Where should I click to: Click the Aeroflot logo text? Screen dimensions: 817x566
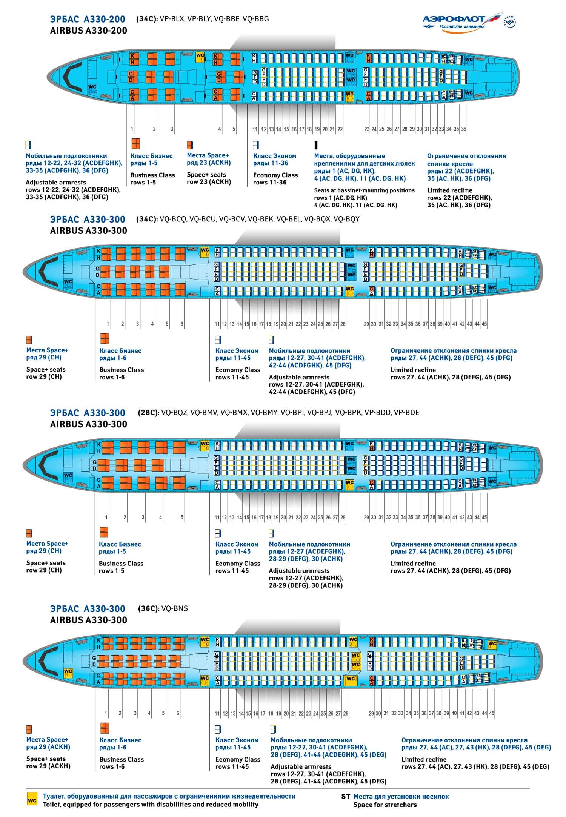454,19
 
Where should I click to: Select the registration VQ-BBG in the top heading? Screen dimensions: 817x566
256,19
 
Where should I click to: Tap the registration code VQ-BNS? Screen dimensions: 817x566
174,608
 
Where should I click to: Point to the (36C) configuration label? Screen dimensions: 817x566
147,608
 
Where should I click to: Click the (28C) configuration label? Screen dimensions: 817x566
147,412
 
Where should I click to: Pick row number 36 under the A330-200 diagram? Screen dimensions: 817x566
464,129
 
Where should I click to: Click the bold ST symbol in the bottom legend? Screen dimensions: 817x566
346,796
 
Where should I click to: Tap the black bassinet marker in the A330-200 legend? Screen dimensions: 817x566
316,145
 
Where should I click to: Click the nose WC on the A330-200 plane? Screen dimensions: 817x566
92,87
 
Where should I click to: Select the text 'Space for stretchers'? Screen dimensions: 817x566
385,805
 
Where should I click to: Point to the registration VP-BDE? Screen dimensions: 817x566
406,412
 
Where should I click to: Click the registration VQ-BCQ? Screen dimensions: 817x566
173,219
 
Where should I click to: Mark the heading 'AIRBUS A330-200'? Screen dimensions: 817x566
89,31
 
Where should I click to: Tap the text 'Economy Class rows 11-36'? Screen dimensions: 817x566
275,179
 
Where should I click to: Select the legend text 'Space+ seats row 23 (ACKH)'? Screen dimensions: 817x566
209,178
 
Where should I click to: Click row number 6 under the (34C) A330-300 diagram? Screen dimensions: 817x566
182,324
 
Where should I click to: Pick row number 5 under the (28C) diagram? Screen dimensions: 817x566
182,517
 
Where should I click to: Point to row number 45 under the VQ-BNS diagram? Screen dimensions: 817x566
492,713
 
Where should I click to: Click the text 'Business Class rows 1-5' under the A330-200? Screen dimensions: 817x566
152,179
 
